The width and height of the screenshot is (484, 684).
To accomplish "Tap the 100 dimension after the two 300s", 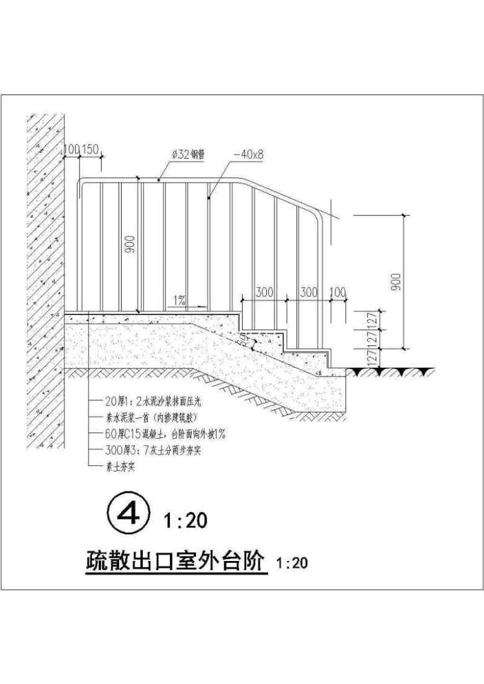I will coord(338,292).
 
